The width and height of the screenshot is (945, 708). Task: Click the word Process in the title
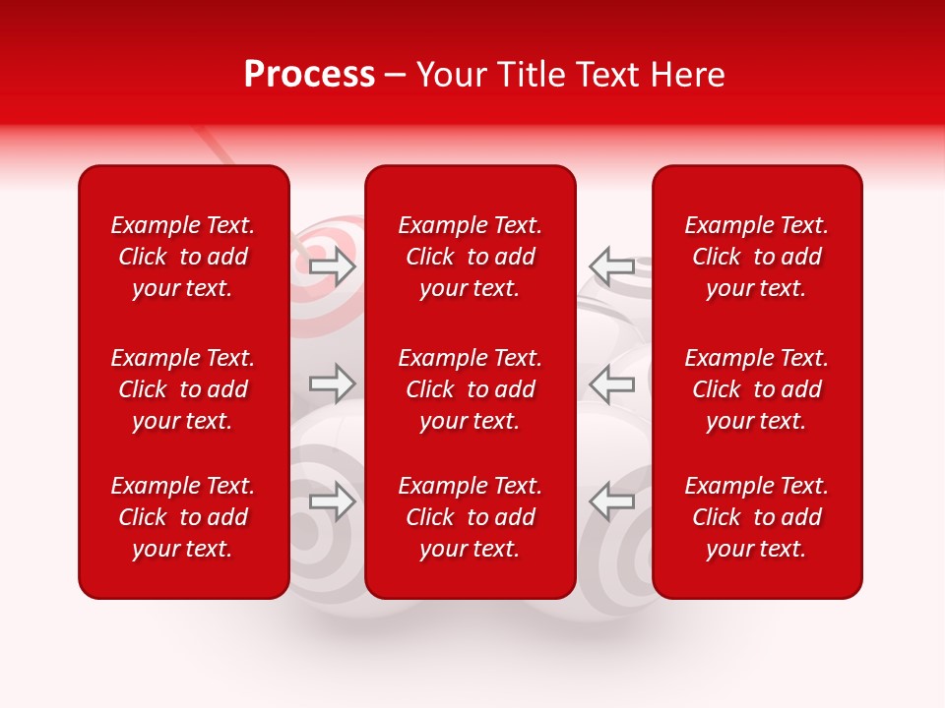pos(309,75)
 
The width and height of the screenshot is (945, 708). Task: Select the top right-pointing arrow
pos(333,266)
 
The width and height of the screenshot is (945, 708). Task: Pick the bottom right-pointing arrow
pos(333,501)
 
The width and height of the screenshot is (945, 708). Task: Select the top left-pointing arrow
pos(611,265)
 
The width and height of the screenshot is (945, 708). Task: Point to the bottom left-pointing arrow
pos(611,501)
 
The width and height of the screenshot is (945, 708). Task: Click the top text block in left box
pos(183,257)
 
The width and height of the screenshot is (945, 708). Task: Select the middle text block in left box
pos(183,389)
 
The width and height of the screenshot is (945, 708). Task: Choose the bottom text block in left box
pos(183,517)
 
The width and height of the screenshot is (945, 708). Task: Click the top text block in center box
pos(471,257)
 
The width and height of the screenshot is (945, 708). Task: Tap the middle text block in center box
pos(471,389)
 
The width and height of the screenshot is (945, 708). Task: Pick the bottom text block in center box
pos(471,517)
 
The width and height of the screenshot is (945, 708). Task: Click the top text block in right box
pos(757,257)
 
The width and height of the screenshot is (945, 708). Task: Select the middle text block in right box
pos(757,389)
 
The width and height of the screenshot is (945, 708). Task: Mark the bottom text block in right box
pos(757,517)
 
